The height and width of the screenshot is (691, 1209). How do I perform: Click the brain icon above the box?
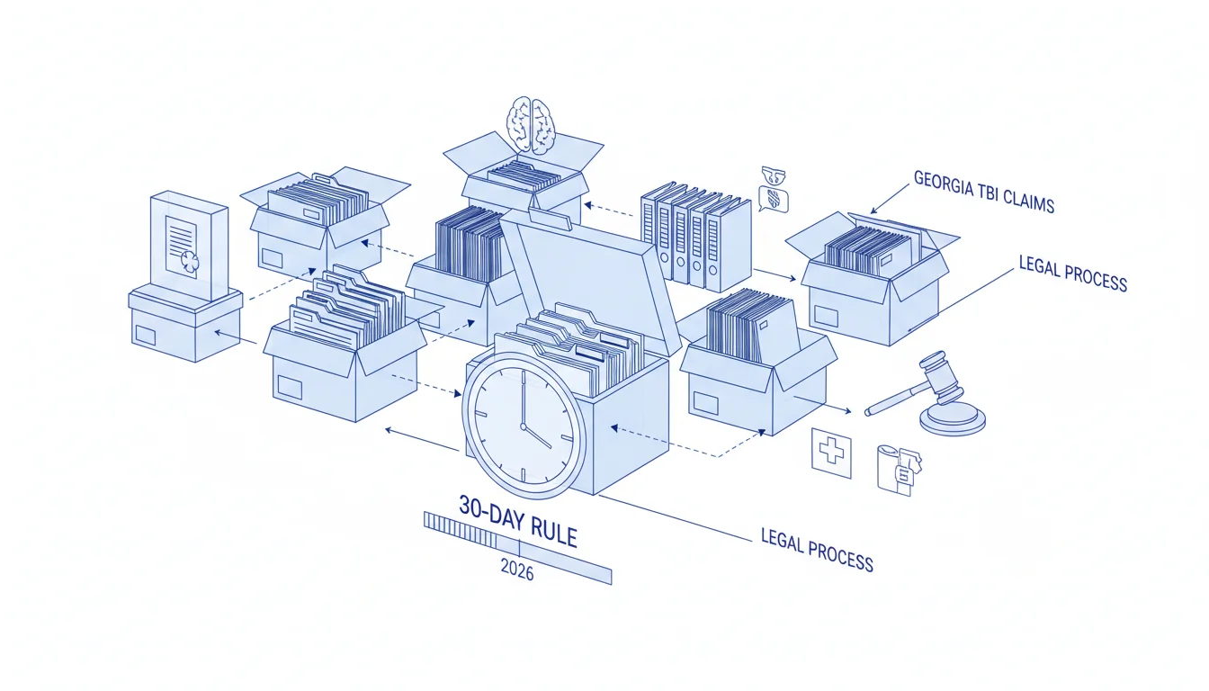point(532,123)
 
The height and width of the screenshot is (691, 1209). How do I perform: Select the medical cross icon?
point(831,453)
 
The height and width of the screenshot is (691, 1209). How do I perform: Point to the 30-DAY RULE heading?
point(517,521)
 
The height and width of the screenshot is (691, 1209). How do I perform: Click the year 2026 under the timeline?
point(517,569)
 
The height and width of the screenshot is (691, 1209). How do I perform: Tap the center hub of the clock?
point(523,426)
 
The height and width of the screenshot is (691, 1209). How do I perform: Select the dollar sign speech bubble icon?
point(774,198)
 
